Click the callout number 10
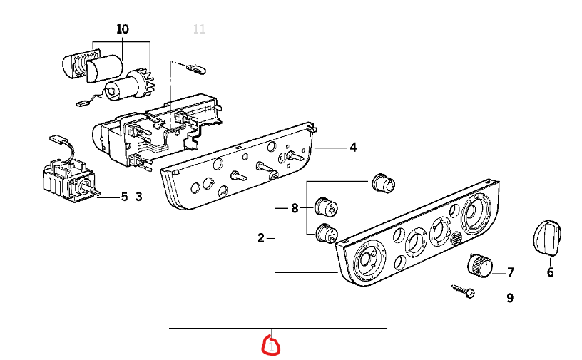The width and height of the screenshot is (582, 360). point(123,29)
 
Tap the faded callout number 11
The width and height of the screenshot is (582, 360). point(199,29)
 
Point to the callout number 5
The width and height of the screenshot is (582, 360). point(124,197)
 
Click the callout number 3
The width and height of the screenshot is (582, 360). point(139,197)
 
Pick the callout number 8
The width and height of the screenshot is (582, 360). point(294,209)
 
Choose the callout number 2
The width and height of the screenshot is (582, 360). point(261,238)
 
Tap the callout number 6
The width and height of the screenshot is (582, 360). point(550,272)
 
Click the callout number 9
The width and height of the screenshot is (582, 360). point(509,298)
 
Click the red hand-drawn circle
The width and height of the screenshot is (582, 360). point(272,346)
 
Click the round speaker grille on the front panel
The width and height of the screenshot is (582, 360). point(455,238)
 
